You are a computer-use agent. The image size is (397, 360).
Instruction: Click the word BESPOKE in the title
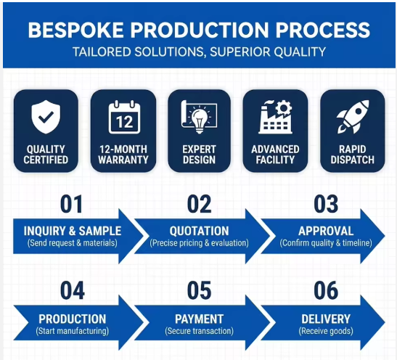click(75, 30)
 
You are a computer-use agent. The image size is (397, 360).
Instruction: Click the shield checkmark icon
click(46, 117)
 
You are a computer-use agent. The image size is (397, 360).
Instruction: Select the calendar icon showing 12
click(124, 117)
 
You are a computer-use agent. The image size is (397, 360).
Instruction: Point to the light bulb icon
click(200, 117)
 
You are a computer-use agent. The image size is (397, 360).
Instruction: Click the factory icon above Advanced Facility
click(276, 117)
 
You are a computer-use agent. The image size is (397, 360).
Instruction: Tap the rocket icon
click(353, 117)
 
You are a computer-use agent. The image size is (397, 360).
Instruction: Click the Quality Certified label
click(46, 155)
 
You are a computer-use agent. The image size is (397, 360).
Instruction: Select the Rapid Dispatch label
click(353, 155)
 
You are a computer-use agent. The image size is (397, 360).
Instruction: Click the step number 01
click(71, 204)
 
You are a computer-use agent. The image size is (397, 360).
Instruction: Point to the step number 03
click(326, 204)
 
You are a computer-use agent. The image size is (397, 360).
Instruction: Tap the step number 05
click(200, 290)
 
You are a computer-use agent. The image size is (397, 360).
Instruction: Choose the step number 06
click(326, 290)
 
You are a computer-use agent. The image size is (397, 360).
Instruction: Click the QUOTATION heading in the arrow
click(200, 231)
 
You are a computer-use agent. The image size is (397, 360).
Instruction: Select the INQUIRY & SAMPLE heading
click(73, 231)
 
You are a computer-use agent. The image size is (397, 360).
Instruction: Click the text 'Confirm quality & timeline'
click(326, 243)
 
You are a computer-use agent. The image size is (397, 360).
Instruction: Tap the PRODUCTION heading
click(73, 319)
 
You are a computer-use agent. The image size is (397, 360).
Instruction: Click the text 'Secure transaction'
click(200, 331)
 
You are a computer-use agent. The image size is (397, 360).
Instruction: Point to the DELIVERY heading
click(326, 319)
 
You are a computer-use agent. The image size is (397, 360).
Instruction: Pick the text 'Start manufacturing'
click(73, 331)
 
